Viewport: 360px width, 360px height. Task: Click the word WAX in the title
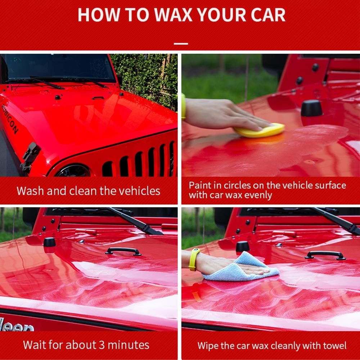tap(174, 15)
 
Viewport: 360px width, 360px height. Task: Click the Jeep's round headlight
tap(73, 171)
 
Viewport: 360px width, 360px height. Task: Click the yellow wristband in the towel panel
tap(193, 260)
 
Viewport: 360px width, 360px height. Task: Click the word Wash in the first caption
tap(30, 191)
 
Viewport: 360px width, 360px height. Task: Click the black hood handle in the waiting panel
tap(123, 251)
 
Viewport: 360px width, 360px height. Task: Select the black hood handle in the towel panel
tap(325, 255)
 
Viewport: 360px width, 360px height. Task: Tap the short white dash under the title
tap(181, 44)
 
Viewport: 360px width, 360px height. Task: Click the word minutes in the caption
tap(129, 345)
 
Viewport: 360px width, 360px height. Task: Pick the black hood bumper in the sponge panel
tap(311, 108)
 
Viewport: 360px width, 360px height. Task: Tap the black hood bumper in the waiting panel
tap(50, 242)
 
